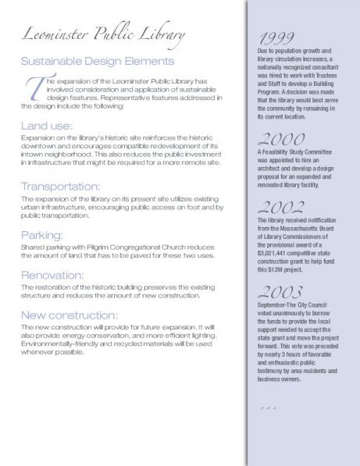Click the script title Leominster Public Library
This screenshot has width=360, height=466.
104,35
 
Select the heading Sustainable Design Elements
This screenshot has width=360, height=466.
98,60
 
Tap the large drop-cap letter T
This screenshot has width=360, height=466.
34,87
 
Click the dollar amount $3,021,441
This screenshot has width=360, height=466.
273,253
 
